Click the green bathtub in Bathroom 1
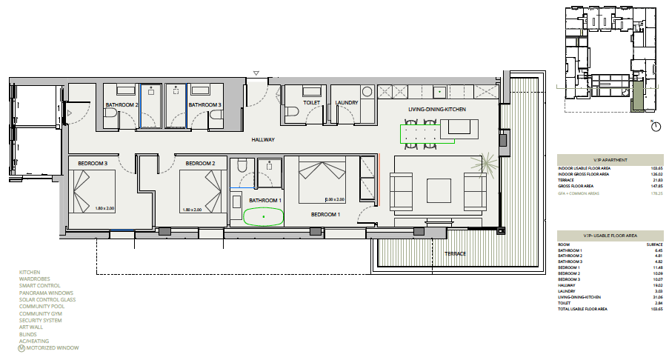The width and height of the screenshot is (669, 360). click(x=263, y=216)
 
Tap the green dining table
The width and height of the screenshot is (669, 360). click(x=420, y=134)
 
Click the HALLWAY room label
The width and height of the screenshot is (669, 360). click(x=263, y=139)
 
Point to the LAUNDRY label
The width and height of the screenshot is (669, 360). click(x=347, y=103)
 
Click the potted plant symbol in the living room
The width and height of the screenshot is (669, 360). click(x=487, y=163)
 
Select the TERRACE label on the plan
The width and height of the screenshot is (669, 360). click(x=456, y=254)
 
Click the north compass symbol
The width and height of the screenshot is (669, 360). click(x=655, y=127)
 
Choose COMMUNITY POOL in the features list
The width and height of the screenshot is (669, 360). click(x=41, y=306)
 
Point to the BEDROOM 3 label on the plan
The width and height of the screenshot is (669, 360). click(x=93, y=163)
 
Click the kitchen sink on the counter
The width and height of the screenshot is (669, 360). click(x=439, y=93)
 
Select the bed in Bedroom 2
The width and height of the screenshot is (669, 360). click(x=202, y=191)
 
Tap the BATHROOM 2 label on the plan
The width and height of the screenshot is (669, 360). click(x=122, y=105)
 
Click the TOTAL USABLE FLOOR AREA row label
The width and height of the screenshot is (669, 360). click(x=583, y=308)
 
